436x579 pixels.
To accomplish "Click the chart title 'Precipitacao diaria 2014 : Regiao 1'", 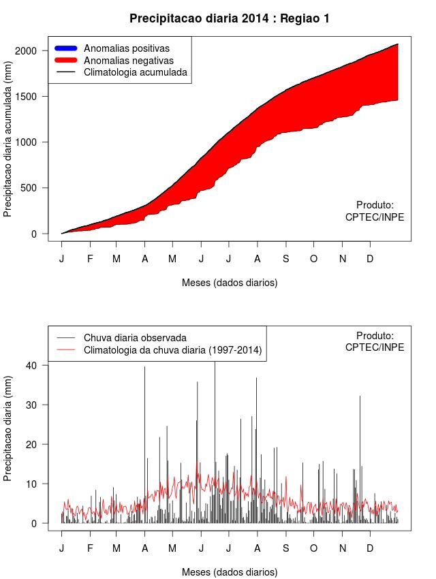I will (x=230, y=18).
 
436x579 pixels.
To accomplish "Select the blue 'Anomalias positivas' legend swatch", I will (x=67, y=48).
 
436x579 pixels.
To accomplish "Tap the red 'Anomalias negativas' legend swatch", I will (x=67, y=60).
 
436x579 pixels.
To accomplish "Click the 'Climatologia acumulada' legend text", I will (x=135, y=72).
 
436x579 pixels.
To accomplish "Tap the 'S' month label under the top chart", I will (x=286, y=259).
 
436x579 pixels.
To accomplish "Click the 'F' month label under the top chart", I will (x=90, y=259).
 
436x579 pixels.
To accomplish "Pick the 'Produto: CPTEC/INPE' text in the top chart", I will (x=375, y=211).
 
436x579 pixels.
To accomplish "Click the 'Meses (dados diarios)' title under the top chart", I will (x=230, y=282).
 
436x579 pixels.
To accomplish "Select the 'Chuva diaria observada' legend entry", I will (x=135, y=338).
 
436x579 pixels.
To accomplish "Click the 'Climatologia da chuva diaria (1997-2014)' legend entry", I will (x=172, y=350).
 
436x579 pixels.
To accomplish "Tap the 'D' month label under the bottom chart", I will (x=370, y=548).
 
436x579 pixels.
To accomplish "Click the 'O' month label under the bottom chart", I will (x=313, y=548).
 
